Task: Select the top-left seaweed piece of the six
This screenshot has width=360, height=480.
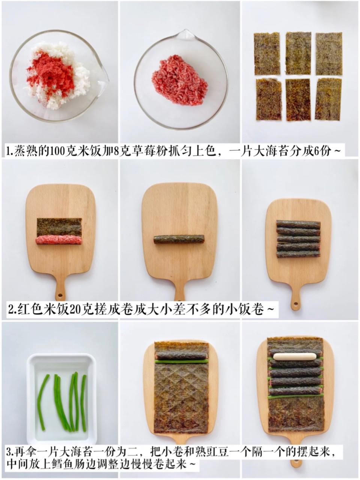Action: (267, 54)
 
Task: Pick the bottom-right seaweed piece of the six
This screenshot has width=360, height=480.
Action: (328, 99)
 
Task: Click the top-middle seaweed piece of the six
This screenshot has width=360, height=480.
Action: (298, 53)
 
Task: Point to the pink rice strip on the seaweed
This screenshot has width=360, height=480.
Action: (58, 240)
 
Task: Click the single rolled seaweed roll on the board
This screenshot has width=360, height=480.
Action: (179, 239)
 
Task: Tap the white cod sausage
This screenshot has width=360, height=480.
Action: (295, 357)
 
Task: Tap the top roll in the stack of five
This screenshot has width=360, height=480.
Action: (298, 224)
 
